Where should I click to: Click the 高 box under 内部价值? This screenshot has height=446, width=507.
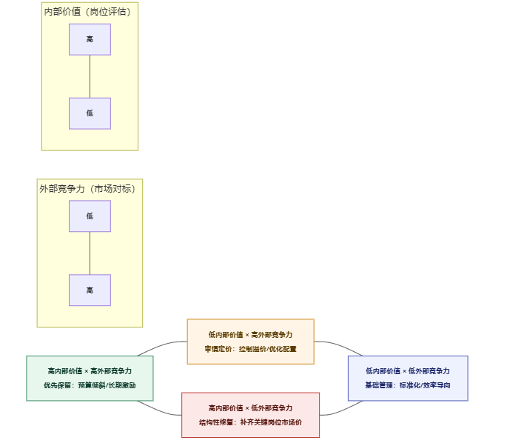90,39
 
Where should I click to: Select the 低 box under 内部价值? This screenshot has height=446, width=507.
90,113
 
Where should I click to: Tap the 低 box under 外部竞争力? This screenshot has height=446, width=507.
90,216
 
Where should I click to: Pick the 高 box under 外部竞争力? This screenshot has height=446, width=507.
90,290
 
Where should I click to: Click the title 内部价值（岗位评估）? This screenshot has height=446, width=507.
90,11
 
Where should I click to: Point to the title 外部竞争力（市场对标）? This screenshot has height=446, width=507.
90,189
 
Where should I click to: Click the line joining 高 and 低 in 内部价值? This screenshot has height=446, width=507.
90,76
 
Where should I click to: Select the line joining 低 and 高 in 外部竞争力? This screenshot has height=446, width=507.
90,253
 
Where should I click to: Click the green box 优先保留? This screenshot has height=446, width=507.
90,378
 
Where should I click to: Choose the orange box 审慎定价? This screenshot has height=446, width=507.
250,341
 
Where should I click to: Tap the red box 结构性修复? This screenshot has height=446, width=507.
250,415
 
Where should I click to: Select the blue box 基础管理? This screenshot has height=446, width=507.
408,378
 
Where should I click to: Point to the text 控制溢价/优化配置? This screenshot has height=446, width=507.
266,348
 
